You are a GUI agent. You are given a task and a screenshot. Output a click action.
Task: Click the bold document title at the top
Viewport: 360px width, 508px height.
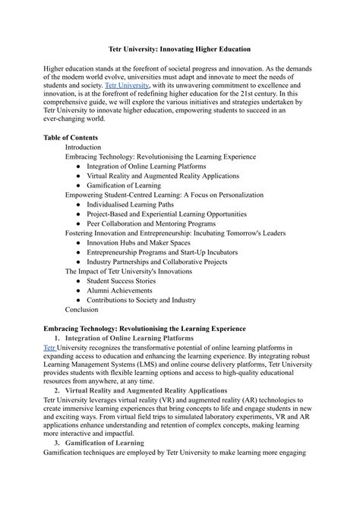179,47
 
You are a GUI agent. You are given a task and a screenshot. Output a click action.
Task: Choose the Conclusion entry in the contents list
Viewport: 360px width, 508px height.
82,309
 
